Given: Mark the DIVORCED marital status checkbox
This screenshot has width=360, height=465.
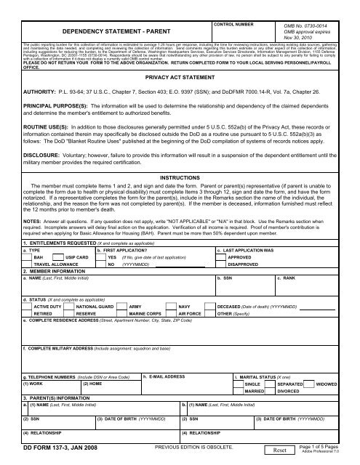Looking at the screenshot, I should (271, 390).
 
